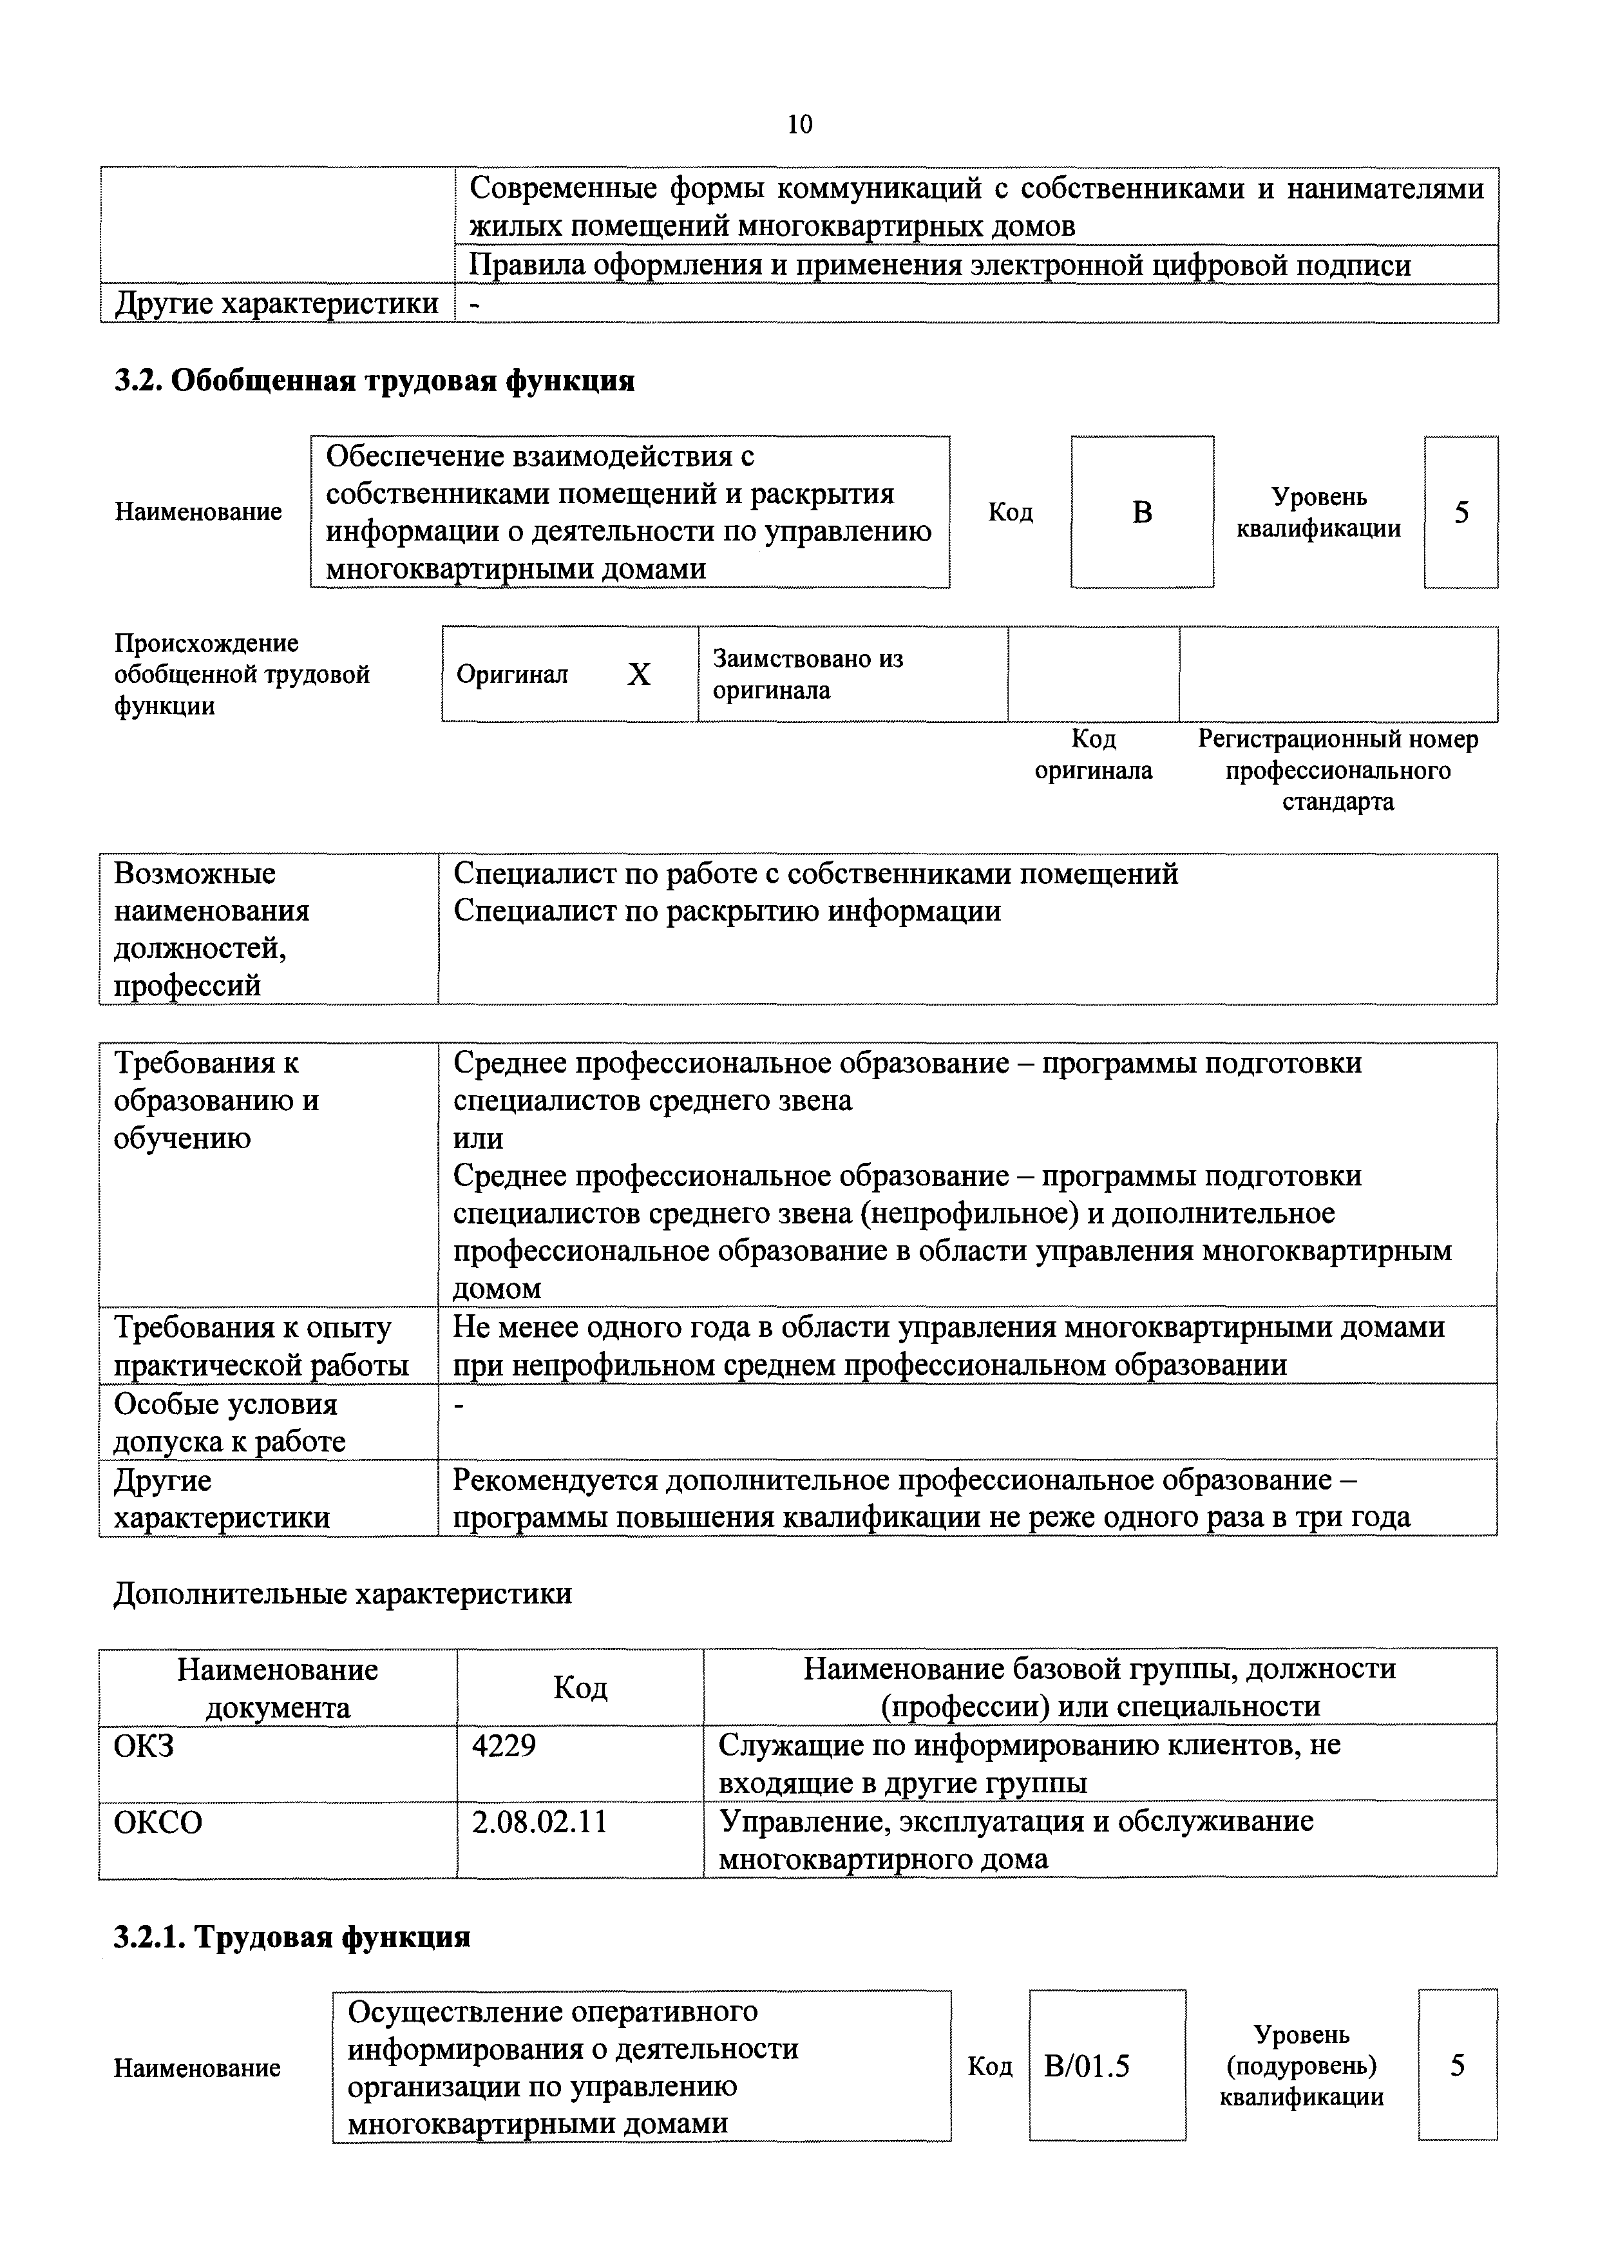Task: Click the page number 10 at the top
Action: pyautogui.click(x=799, y=125)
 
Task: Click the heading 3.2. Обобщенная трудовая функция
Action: pyautogui.click(x=374, y=381)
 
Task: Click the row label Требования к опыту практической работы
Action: pyautogui.click(x=262, y=1346)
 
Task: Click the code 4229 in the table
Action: pyautogui.click(x=504, y=1746)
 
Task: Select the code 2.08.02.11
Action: pyautogui.click(x=539, y=1822)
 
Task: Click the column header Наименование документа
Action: pyautogui.click(x=278, y=1687)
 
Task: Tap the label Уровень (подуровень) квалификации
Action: pyautogui.click(x=1301, y=2065)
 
